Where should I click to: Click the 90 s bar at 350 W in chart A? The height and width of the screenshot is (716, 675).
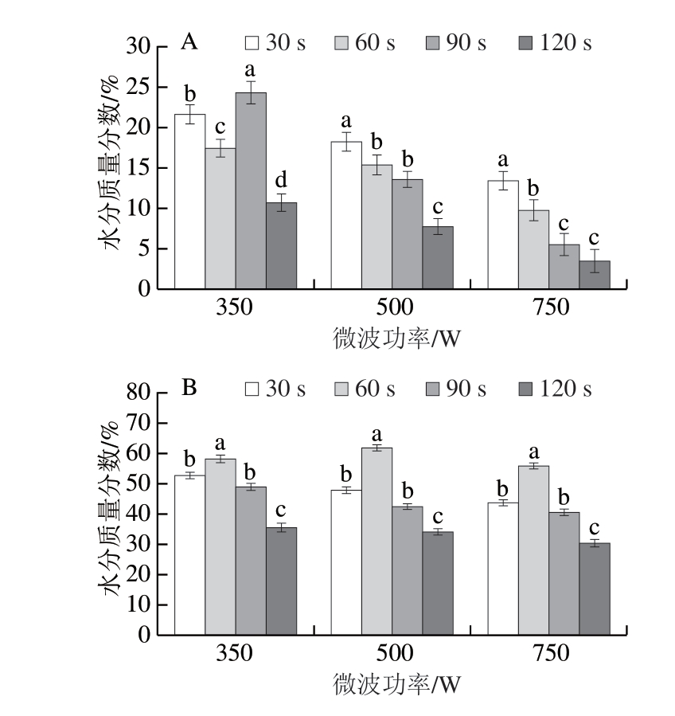(x=251, y=190)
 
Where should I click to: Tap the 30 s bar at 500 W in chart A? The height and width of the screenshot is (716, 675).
(x=345, y=215)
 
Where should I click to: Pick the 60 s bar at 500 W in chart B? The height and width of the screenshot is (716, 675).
(x=377, y=542)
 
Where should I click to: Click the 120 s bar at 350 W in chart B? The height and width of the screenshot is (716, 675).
(x=282, y=581)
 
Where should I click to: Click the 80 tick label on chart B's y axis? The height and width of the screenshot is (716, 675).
(x=136, y=393)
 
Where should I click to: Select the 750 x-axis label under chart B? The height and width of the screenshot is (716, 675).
(x=548, y=654)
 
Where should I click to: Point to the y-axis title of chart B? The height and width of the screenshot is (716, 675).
(x=112, y=514)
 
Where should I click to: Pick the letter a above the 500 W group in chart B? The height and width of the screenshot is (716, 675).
(x=377, y=434)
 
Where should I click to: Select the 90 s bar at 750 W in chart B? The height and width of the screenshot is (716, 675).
(x=564, y=573)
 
